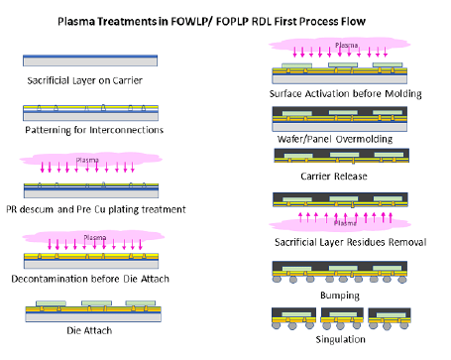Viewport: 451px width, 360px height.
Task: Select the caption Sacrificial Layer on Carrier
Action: pyautogui.click(x=85, y=80)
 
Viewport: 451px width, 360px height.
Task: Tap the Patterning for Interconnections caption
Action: pyautogui.click(x=94, y=130)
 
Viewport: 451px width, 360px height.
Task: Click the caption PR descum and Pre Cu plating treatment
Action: pyautogui.click(x=96, y=209)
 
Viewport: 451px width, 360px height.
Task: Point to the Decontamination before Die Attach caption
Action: pyautogui.click(x=90, y=279)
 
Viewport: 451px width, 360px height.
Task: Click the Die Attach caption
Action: pyautogui.click(x=89, y=330)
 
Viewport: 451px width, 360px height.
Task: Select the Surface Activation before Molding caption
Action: pyautogui.click(x=346, y=94)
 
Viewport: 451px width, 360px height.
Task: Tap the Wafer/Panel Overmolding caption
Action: pyautogui.click(x=335, y=139)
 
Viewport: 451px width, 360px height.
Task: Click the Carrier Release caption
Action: pyautogui.click(x=334, y=177)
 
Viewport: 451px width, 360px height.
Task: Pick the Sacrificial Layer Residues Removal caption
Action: pyautogui.click(x=351, y=242)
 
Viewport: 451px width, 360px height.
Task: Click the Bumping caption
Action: pyautogui.click(x=340, y=296)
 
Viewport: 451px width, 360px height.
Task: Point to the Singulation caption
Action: pyautogui.click(x=341, y=339)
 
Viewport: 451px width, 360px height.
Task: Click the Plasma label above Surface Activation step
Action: pyautogui.click(x=347, y=45)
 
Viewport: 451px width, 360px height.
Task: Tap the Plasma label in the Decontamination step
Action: pyautogui.click(x=95, y=238)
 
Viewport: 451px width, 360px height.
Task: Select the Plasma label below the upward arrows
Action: pyautogui.click(x=345, y=223)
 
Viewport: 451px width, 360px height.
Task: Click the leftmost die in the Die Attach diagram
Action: pyautogui.click(x=51, y=303)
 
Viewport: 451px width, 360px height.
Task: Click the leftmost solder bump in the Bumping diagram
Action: pyautogui.click(x=277, y=279)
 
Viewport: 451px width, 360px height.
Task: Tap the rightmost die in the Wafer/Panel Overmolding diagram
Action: pyautogui.click(x=388, y=112)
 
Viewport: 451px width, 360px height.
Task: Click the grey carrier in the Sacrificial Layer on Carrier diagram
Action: pyautogui.click(x=90, y=61)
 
